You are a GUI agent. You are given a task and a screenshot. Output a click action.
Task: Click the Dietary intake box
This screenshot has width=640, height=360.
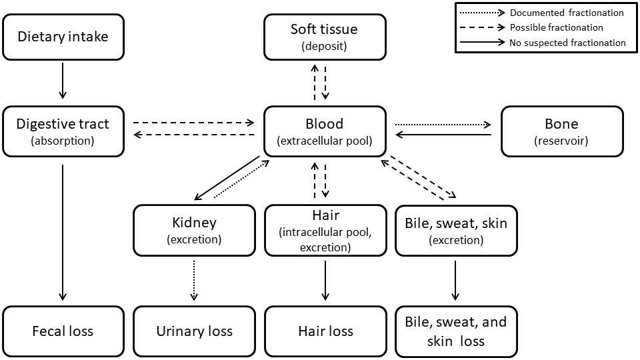(x=63, y=37)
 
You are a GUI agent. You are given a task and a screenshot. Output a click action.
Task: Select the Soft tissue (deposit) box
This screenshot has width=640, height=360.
(x=325, y=37)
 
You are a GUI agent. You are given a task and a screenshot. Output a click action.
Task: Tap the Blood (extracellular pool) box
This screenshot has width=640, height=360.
(x=325, y=131)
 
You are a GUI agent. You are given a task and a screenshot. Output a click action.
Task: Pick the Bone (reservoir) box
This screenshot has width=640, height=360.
(x=561, y=131)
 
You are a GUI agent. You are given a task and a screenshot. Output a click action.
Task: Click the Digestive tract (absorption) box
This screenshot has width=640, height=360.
(x=63, y=131)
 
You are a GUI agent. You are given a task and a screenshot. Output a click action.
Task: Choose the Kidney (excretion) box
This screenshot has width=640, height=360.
(x=194, y=230)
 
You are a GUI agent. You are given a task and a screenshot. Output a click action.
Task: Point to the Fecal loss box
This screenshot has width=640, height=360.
(x=63, y=331)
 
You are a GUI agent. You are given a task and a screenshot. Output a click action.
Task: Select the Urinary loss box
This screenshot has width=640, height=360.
(x=194, y=331)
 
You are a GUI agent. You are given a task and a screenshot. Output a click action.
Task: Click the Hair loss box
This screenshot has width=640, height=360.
(x=325, y=331)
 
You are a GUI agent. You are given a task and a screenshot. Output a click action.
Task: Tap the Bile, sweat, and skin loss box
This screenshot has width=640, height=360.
(x=456, y=331)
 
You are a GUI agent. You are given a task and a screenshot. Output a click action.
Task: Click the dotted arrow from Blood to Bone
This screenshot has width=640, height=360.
(x=443, y=124)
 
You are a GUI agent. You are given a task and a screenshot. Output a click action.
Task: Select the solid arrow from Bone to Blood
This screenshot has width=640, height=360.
(x=443, y=135)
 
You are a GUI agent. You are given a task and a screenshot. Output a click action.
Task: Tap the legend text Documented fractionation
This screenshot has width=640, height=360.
(x=567, y=13)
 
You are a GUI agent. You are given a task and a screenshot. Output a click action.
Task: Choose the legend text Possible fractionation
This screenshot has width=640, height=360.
(x=556, y=27)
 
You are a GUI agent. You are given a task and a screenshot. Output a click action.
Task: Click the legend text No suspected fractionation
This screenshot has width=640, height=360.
(x=567, y=43)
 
